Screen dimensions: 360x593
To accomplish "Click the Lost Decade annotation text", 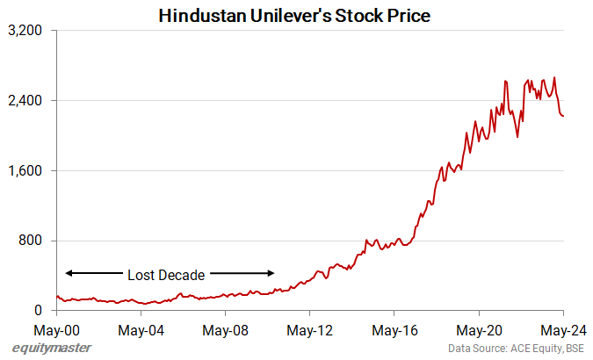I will pyautogui.click(x=167, y=273).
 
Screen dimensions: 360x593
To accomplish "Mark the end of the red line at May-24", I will pyautogui.click(x=563, y=116).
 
